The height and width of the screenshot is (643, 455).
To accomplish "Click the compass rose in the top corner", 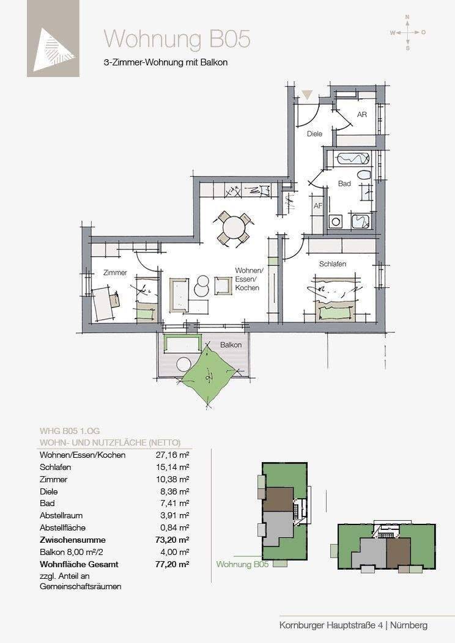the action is point(407,32).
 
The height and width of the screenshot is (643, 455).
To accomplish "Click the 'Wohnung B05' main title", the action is point(177,39).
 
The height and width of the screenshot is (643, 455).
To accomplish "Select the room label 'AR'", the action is point(362,114).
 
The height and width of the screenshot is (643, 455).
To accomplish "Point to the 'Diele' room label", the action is point(315,134).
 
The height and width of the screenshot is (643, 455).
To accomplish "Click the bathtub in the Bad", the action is point(353,158).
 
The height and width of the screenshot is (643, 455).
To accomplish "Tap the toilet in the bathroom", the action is point(364,175).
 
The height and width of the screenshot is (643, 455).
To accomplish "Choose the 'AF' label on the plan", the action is point(318,206).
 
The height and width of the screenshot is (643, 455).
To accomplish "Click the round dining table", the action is point(233,229).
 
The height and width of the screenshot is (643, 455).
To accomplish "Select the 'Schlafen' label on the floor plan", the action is point(333,264).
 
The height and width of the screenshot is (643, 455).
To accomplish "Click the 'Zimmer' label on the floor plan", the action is point(116,272).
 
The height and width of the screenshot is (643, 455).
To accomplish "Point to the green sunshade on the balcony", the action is point(209,374).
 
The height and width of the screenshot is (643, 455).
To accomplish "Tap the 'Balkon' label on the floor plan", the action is point(231,345).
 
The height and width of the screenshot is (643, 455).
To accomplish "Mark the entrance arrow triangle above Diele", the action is point(308,95).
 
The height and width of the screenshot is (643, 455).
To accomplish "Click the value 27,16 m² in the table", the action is point(172,455).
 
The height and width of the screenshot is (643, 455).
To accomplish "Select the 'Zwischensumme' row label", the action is point(73,540).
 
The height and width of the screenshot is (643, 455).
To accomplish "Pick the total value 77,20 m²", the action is point(172,564).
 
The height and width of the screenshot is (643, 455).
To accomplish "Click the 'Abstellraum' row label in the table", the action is point(61,515).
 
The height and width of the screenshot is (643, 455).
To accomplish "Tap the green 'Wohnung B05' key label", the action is point(242,564).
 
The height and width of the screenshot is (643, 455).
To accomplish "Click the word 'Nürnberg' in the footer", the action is point(409,625).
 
